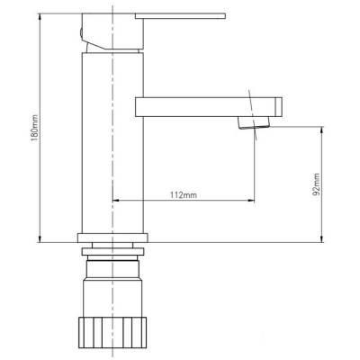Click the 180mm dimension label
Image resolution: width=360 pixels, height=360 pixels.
click(35, 128)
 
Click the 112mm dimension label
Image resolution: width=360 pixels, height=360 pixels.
click(184, 195)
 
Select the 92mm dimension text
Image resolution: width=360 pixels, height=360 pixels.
click(316, 184)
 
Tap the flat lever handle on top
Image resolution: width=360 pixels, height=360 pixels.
click(180, 16)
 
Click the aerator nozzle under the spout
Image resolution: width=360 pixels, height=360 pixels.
click(254, 123)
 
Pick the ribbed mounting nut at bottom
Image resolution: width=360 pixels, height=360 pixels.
click(112, 332)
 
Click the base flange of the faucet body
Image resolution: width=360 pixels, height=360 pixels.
click(112, 238)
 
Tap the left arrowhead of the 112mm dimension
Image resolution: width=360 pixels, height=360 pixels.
click(116, 200)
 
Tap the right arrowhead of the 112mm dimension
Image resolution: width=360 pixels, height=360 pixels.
click(250, 200)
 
